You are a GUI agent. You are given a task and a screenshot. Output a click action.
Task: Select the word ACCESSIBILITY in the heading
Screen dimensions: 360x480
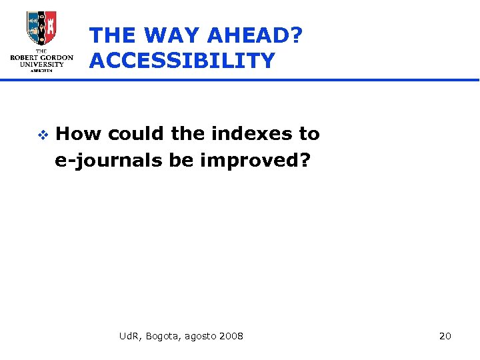click(182, 61)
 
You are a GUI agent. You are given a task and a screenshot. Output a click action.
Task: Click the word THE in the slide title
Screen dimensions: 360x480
click(112, 35)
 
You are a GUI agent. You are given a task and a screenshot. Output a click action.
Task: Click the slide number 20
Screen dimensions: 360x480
click(445, 335)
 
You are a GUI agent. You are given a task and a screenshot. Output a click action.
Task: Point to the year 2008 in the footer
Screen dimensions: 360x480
click(230, 335)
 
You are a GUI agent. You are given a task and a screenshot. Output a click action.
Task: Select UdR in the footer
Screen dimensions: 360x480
click(129, 335)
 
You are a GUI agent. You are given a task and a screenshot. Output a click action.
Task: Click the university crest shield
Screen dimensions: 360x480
click(41, 27)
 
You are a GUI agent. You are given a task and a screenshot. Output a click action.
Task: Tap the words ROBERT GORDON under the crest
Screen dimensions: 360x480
click(41, 57)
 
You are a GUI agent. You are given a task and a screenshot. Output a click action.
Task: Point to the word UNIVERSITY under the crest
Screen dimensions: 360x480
click(41, 65)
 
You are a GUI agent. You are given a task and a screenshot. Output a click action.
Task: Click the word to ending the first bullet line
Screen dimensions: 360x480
click(309, 134)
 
